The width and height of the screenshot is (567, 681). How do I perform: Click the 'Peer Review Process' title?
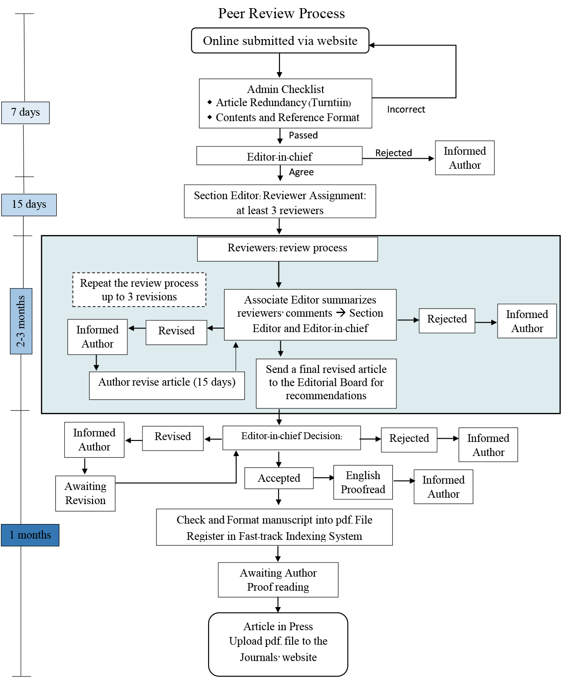(281, 14)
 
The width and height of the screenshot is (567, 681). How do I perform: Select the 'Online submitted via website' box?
(280, 41)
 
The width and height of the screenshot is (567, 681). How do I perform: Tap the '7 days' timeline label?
(25, 113)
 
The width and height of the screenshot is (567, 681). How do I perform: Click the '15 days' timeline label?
(29, 205)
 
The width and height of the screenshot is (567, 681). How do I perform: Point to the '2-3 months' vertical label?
(21, 321)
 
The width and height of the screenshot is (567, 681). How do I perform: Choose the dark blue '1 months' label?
(30, 535)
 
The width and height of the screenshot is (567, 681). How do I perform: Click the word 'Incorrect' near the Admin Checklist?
(406, 109)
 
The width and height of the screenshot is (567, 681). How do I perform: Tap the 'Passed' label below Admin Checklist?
(303, 135)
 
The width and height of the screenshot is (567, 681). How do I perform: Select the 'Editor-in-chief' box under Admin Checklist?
(279, 156)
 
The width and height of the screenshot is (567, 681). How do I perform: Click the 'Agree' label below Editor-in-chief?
(301, 172)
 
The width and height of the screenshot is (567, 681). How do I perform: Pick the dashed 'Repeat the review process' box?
(139, 290)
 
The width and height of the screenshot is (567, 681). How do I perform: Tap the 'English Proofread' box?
(363, 482)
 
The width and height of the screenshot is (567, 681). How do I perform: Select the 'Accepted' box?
(279, 478)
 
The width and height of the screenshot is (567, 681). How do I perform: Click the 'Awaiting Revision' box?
(85, 493)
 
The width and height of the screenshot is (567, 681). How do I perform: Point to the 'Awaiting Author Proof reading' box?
(278, 580)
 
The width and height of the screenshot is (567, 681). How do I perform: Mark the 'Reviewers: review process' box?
(287, 249)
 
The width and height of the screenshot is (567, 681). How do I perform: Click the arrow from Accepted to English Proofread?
(323, 478)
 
